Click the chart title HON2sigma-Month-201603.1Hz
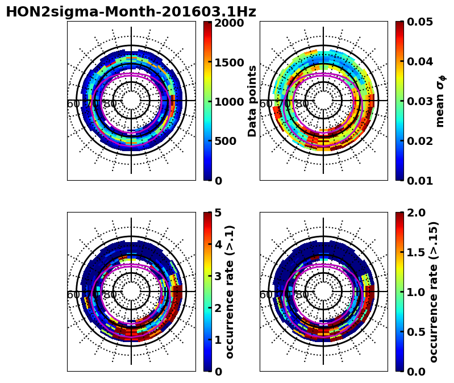pos(131,12)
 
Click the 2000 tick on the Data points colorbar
pos(230,23)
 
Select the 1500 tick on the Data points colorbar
pos(230,62)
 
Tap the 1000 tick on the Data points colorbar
pos(230,102)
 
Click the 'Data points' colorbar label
pos(252,101)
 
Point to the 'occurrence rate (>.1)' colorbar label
pos(230,292)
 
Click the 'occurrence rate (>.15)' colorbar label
pos(434,292)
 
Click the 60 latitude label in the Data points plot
pos(73,103)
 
